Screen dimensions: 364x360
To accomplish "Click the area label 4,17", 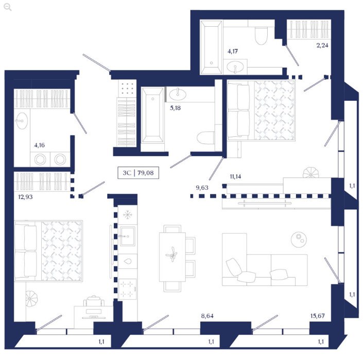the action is coord(233,51).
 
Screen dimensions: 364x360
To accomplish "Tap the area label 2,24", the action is coord(322,45).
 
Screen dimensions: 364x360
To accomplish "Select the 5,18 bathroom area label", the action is coord(175,108).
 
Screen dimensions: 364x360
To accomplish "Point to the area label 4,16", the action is coord(40,145).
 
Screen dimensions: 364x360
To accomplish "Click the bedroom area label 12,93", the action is coord(25,197).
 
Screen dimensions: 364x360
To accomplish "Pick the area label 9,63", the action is coord(202,187).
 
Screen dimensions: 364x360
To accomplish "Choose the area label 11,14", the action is coord(235,176).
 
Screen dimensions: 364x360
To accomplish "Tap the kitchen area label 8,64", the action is coord(207,316).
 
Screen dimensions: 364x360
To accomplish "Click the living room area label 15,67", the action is coord(318,316).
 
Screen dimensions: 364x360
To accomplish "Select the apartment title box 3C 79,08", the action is coord(138,173).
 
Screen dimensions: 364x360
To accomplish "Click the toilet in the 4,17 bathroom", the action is coord(261,36).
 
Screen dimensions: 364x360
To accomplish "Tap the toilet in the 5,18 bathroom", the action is coord(205,138).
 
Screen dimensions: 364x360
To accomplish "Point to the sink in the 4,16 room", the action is coord(22,121).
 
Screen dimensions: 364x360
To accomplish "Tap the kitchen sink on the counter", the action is coord(127,237).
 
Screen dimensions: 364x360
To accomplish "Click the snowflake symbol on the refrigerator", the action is coord(128,215).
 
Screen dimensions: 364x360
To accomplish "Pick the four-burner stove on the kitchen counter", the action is coord(128,289).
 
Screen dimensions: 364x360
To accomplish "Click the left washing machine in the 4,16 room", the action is coord(40,159).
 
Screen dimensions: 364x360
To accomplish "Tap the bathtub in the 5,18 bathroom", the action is coord(152,115).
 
